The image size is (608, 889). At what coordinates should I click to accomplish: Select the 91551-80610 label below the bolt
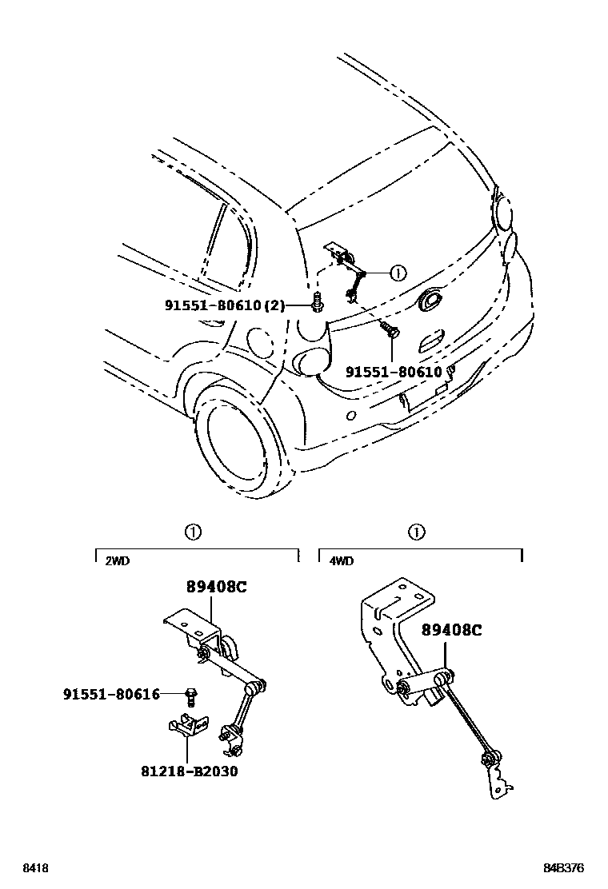(x=393, y=372)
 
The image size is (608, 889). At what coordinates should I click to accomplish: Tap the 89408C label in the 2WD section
(x=217, y=586)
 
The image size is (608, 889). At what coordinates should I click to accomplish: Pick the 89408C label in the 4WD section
(x=451, y=630)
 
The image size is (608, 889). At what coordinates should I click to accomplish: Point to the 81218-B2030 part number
(x=190, y=771)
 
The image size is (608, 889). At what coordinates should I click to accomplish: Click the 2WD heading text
(x=117, y=561)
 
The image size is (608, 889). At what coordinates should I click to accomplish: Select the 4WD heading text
(x=341, y=561)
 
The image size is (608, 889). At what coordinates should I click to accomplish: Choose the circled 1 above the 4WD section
(x=416, y=532)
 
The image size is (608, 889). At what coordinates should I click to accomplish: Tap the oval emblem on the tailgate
(x=432, y=301)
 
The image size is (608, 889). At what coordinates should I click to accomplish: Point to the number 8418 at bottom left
(x=34, y=867)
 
